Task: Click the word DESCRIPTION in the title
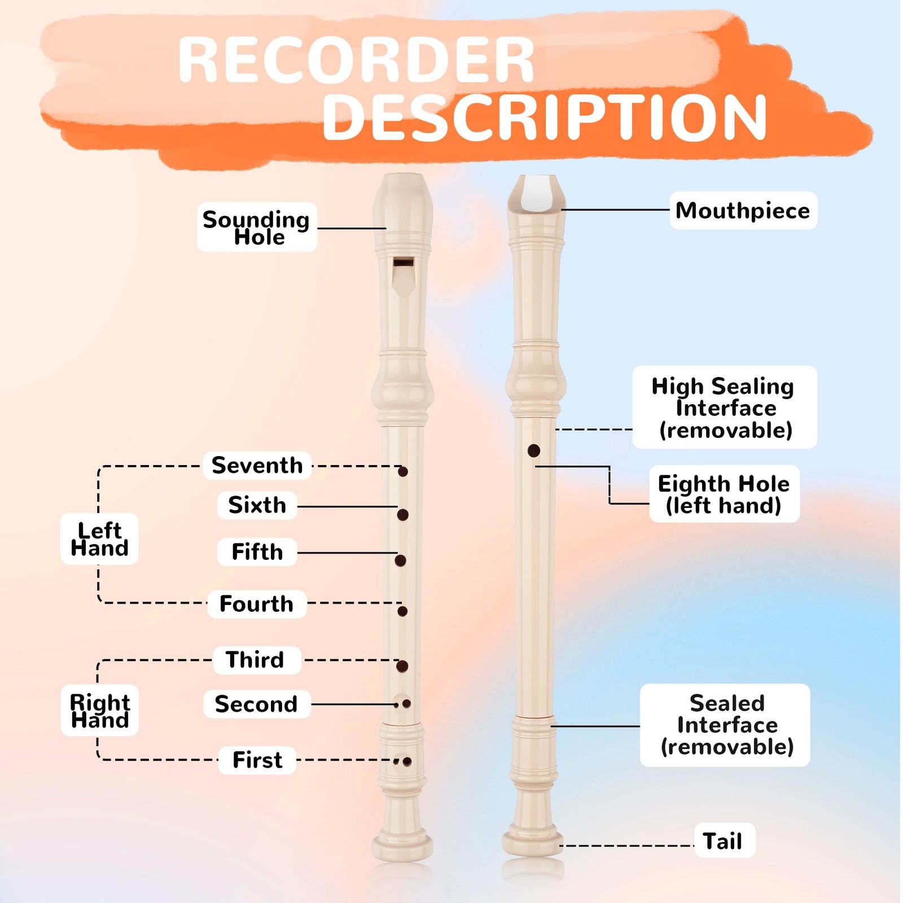point(544,117)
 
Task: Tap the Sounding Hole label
point(257,227)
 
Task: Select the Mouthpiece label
point(743,211)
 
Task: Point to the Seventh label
point(257,466)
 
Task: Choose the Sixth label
point(257,505)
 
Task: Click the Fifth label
point(257,552)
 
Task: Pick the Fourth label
point(257,604)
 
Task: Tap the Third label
point(256,660)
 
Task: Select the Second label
point(256,704)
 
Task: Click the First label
point(257,760)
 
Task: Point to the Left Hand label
point(99,540)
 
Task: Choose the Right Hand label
point(100,711)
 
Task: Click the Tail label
point(723,841)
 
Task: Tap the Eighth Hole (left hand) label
point(724,494)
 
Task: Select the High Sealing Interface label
point(724,408)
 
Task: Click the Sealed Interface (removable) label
point(726,725)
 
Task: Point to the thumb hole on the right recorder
point(534,450)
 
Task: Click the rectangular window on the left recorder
point(404,262)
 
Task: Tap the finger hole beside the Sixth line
point(403,515)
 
